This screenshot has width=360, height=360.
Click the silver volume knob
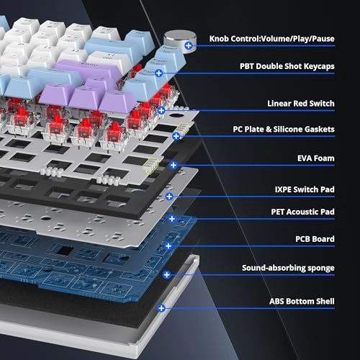tap(179, 40)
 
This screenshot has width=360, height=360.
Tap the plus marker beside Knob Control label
tap(189, 45)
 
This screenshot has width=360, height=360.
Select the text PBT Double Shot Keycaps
tap(287, 66)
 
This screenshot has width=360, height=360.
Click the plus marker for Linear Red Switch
tap(161, 110)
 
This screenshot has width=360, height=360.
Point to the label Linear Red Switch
tap(301, 104)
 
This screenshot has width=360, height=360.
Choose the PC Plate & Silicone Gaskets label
tap(284, 129)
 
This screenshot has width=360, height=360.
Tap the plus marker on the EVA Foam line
tap(174, 165)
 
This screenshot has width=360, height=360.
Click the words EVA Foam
tap(316, 158)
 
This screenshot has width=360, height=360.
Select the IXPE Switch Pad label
tap(305, 189)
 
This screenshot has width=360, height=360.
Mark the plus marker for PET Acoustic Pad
tap(172, 219)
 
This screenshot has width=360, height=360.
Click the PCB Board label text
tap(315, 239)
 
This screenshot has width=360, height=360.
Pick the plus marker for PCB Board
tap(168, 246)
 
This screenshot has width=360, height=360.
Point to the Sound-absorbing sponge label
tap(288, 268)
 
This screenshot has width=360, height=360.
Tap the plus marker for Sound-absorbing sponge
tap(166, 275)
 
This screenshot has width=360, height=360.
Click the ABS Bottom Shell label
tap(302, 301)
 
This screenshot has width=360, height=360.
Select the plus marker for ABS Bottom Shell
tap(161, 308)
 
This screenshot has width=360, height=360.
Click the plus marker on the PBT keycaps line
tap(159, 73)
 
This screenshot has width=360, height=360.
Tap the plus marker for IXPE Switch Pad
tap(169, 197)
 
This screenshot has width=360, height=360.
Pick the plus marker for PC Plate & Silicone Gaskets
tap(176, 136)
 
